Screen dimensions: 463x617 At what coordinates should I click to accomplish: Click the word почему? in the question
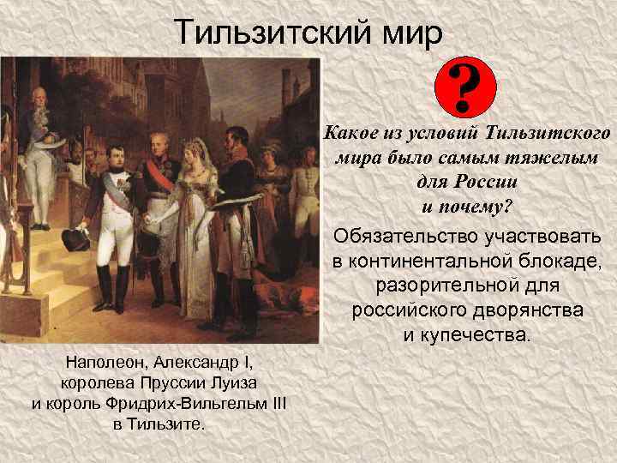pos(468,207)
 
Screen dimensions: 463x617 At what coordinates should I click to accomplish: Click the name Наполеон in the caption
pos(96,359)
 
